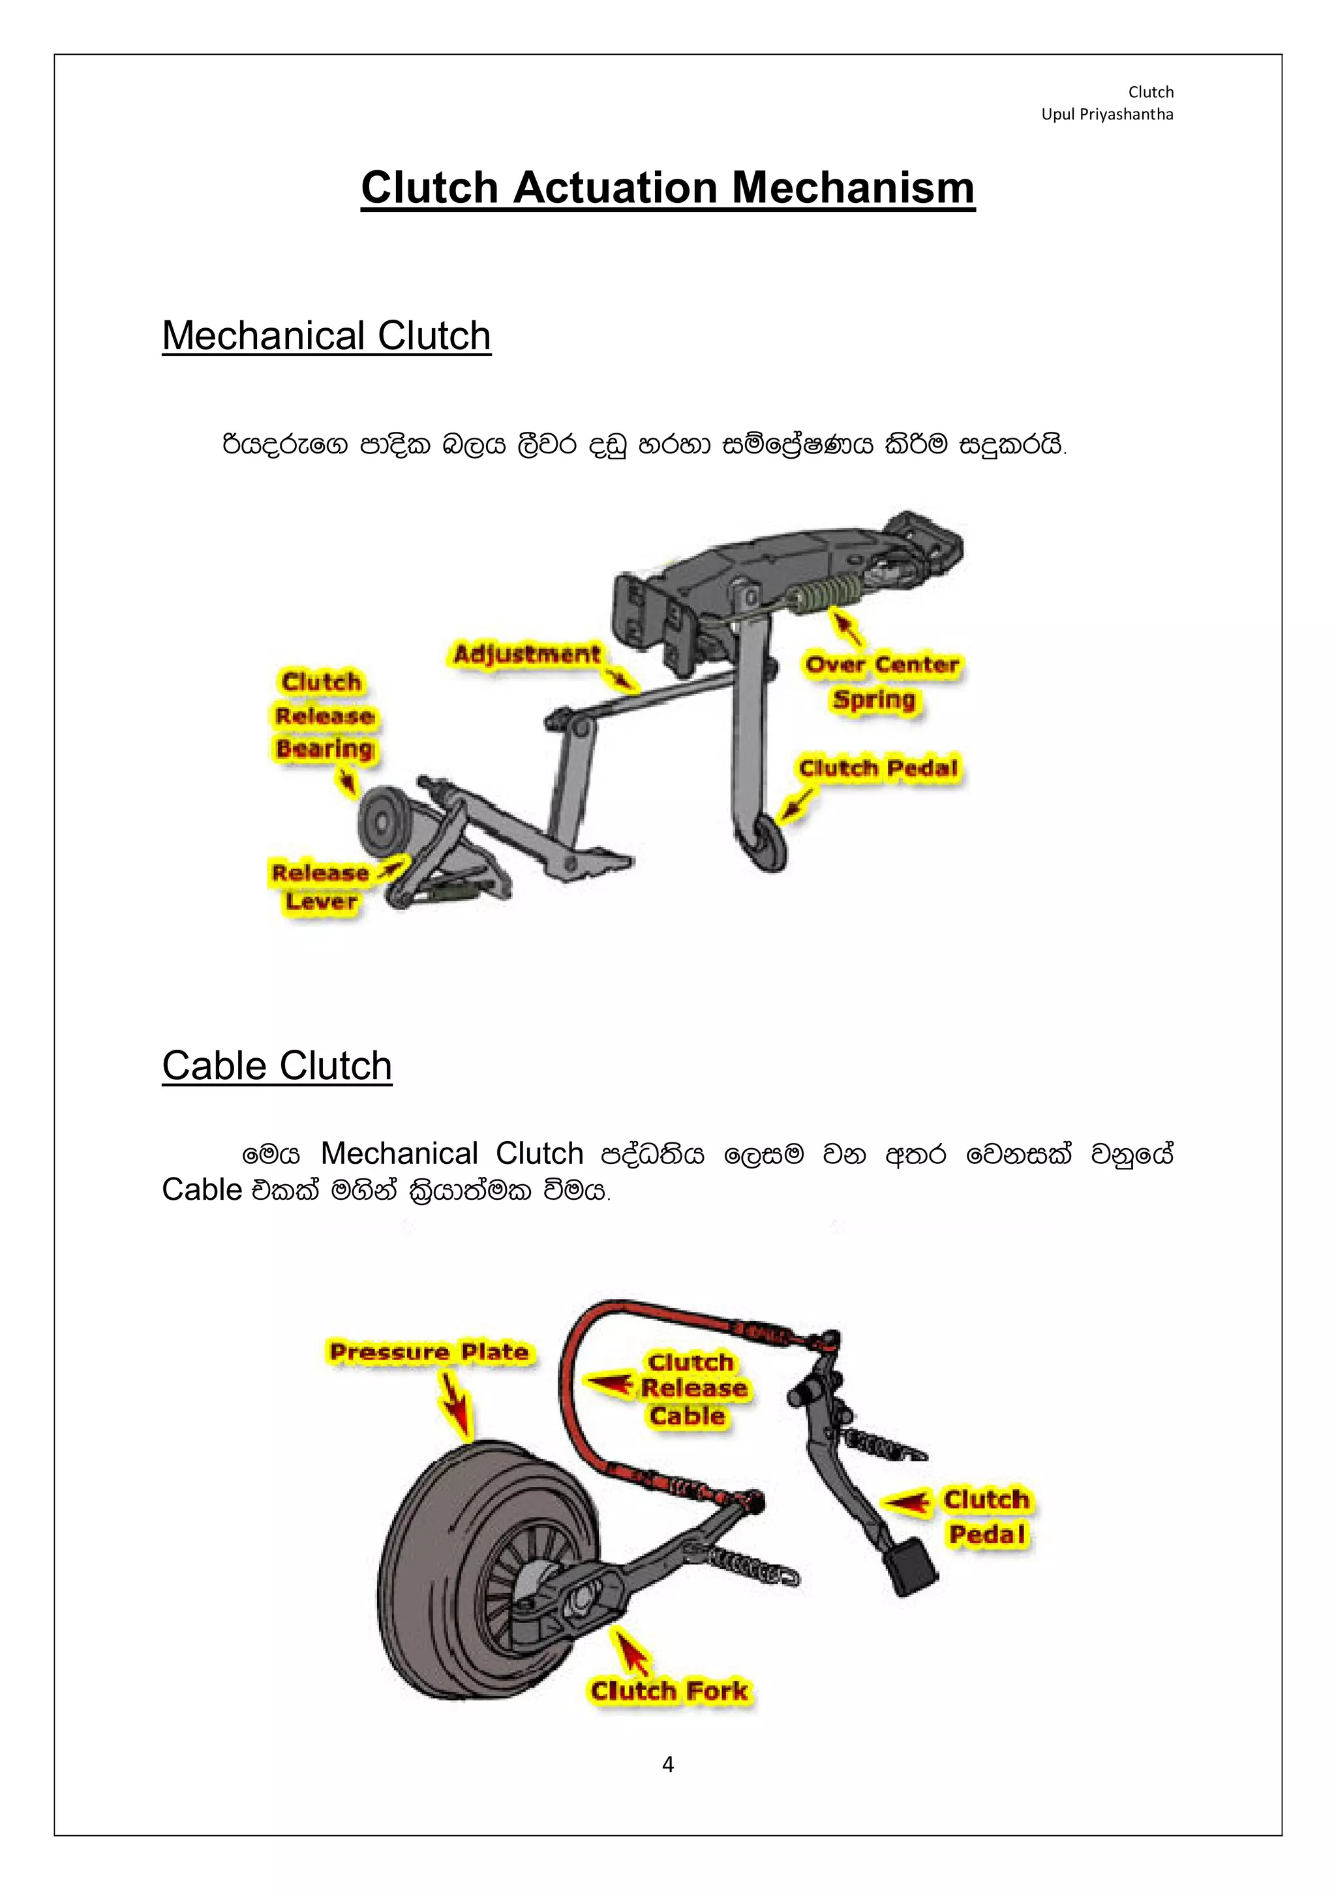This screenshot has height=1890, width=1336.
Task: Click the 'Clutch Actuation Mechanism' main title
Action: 667,188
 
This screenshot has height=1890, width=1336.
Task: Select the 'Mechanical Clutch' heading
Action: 326,336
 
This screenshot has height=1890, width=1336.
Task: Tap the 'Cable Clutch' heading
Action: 277,1066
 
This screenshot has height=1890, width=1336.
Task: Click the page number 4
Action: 667,1764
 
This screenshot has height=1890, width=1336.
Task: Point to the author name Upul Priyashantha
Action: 1106,114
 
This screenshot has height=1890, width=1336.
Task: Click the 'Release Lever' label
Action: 320,887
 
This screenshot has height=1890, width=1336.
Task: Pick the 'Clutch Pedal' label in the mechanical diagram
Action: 877,768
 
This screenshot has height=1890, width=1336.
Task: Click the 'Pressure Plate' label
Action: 428,1352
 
